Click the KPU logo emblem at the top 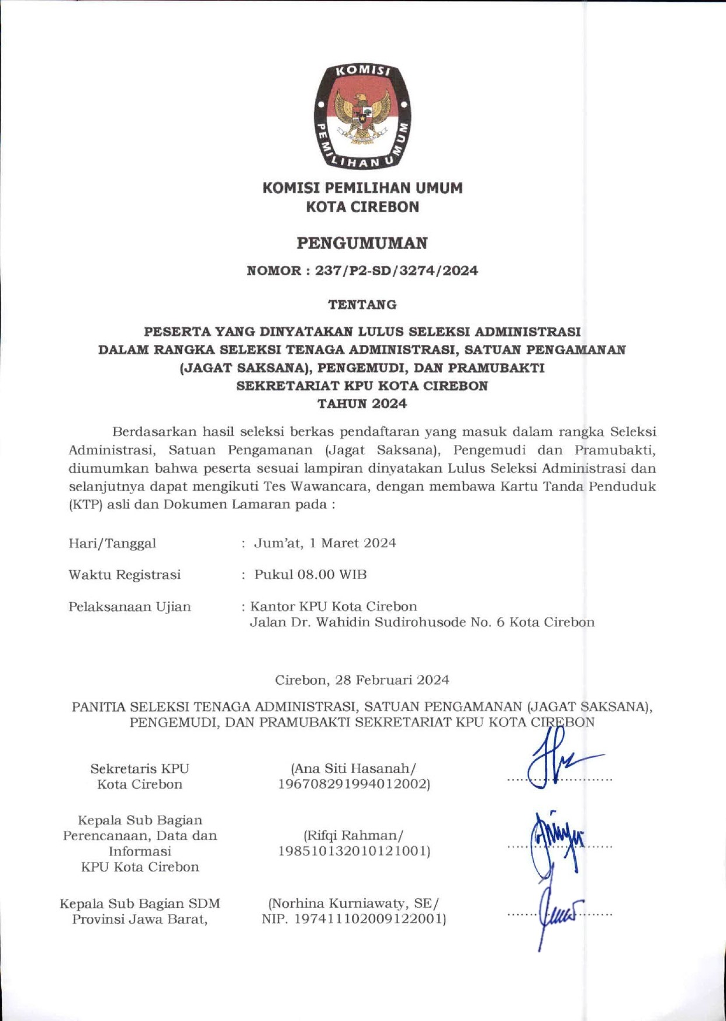click(x=362, y=116)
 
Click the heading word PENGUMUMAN click(x=362, y=243)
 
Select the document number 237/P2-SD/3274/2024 click(x=396, y=271)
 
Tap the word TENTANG click(x=362, y=305)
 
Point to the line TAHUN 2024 click(x=362, y=403)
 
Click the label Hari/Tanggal click(x=112, y=543)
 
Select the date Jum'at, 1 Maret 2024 click(x=325, y=543)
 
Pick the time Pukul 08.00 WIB click(x=310, y=575)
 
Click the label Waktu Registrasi click(x=125, y=575)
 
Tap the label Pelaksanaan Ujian click(x=130, y=606)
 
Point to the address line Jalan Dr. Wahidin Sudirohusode click(x=422, y=622)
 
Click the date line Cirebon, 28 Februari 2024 click(x=362, y=680)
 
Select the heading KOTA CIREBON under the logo click(x=362, y=207)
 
